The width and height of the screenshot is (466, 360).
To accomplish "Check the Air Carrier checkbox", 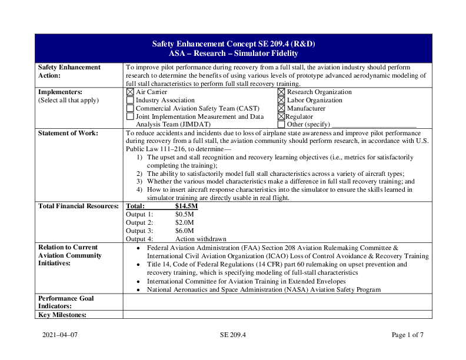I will pyautogui.click(x=130, y=92).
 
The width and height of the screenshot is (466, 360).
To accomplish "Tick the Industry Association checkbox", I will pyautogui.click(x=130, y=101).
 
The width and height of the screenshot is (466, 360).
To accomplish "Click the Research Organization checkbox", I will pyautogui.click(x=281, y=92).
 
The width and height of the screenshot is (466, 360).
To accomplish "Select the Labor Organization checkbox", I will pyautogui.click(x=281, y=101).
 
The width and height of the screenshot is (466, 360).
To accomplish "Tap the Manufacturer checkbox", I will pyautogui.click(x=281, y=109).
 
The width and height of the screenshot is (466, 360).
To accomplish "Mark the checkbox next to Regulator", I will pyautogui.click(x=281, y=117).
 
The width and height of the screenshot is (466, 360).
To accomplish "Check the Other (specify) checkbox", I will pyautogui.click(x=281, y=125).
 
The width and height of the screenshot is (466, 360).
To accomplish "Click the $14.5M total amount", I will pyautogui.click(x=187, y=206).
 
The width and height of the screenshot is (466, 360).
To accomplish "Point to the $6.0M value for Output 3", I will pyautogui.click(x=184, y=231).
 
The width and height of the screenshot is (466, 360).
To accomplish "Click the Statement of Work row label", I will pyautogui.click(x=68, y=134).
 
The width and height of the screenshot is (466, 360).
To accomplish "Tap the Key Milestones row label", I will pyautogui.click(x=62, y=315).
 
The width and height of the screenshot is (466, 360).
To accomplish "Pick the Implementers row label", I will pyautogui.click(x=60, y=92).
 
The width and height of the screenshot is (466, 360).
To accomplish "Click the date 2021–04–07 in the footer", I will pyautogui.click(x=59, y=335).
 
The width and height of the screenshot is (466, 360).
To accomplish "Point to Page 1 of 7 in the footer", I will pyautogui.click(x=407, y=335).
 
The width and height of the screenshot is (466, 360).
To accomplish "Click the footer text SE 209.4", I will pyautogui.click(x=232, y=335).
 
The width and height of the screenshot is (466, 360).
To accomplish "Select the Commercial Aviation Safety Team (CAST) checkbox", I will pyautogui.click(x=130, y=109).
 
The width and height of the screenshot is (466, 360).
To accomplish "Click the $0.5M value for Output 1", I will pyautogui.click(x=184, y=215).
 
